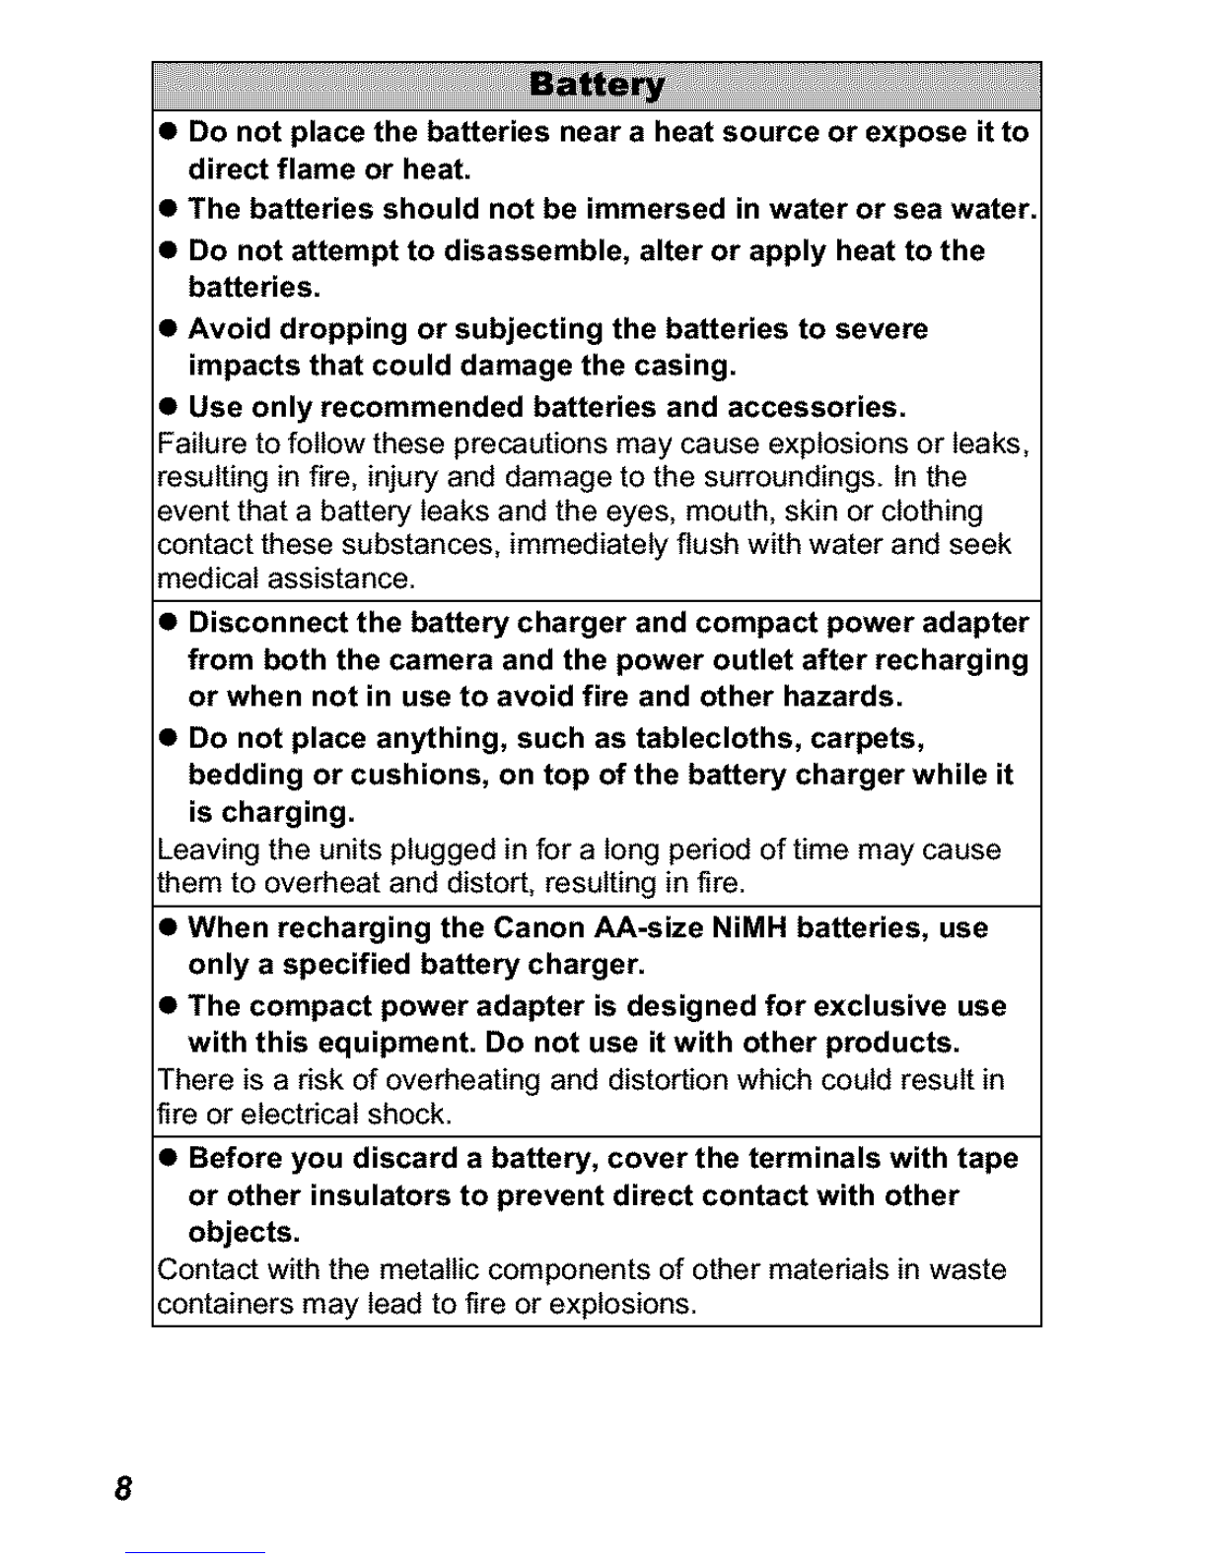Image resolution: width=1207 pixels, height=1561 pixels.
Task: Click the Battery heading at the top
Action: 597,86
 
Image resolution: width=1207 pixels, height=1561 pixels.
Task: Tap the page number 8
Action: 122,1487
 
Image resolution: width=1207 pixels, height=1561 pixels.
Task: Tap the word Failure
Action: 190,443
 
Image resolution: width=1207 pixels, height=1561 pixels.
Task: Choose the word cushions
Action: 404,775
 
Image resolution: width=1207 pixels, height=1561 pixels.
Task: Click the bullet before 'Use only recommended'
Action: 169,408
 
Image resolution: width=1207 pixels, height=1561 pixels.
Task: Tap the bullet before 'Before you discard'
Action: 169,1159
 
